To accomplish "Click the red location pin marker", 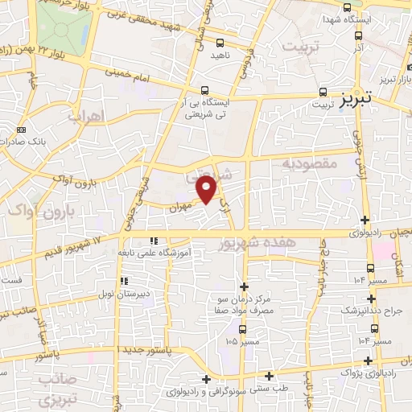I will tap(208, 188).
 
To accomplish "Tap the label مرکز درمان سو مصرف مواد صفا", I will tap(244, 305).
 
